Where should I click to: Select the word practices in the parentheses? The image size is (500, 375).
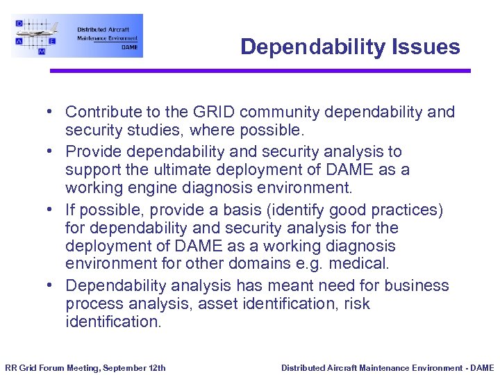409,209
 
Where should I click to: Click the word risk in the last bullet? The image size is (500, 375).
358,303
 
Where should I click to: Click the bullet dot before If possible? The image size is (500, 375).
51,210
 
